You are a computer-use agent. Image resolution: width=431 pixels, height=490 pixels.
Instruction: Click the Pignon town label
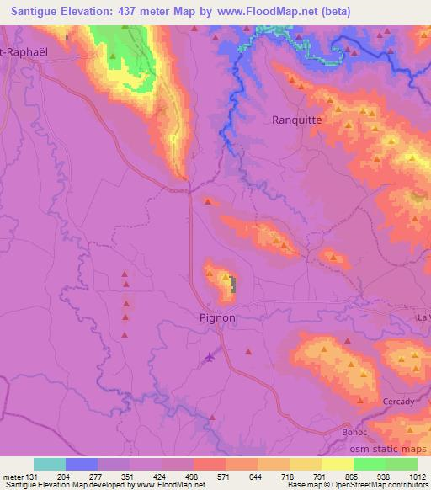[217, 318]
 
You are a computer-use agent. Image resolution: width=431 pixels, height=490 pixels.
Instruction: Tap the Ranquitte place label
[297, 120]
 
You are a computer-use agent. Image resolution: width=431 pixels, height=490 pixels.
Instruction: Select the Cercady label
[397, 402]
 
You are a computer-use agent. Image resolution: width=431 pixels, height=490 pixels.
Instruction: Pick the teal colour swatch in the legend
[50, 464]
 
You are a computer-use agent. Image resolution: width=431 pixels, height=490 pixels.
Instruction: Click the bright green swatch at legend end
[402, 464]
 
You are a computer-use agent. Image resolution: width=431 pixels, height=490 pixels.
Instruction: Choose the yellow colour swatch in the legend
[338, 464]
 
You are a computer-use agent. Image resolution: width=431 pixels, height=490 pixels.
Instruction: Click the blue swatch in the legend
[82, 464]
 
